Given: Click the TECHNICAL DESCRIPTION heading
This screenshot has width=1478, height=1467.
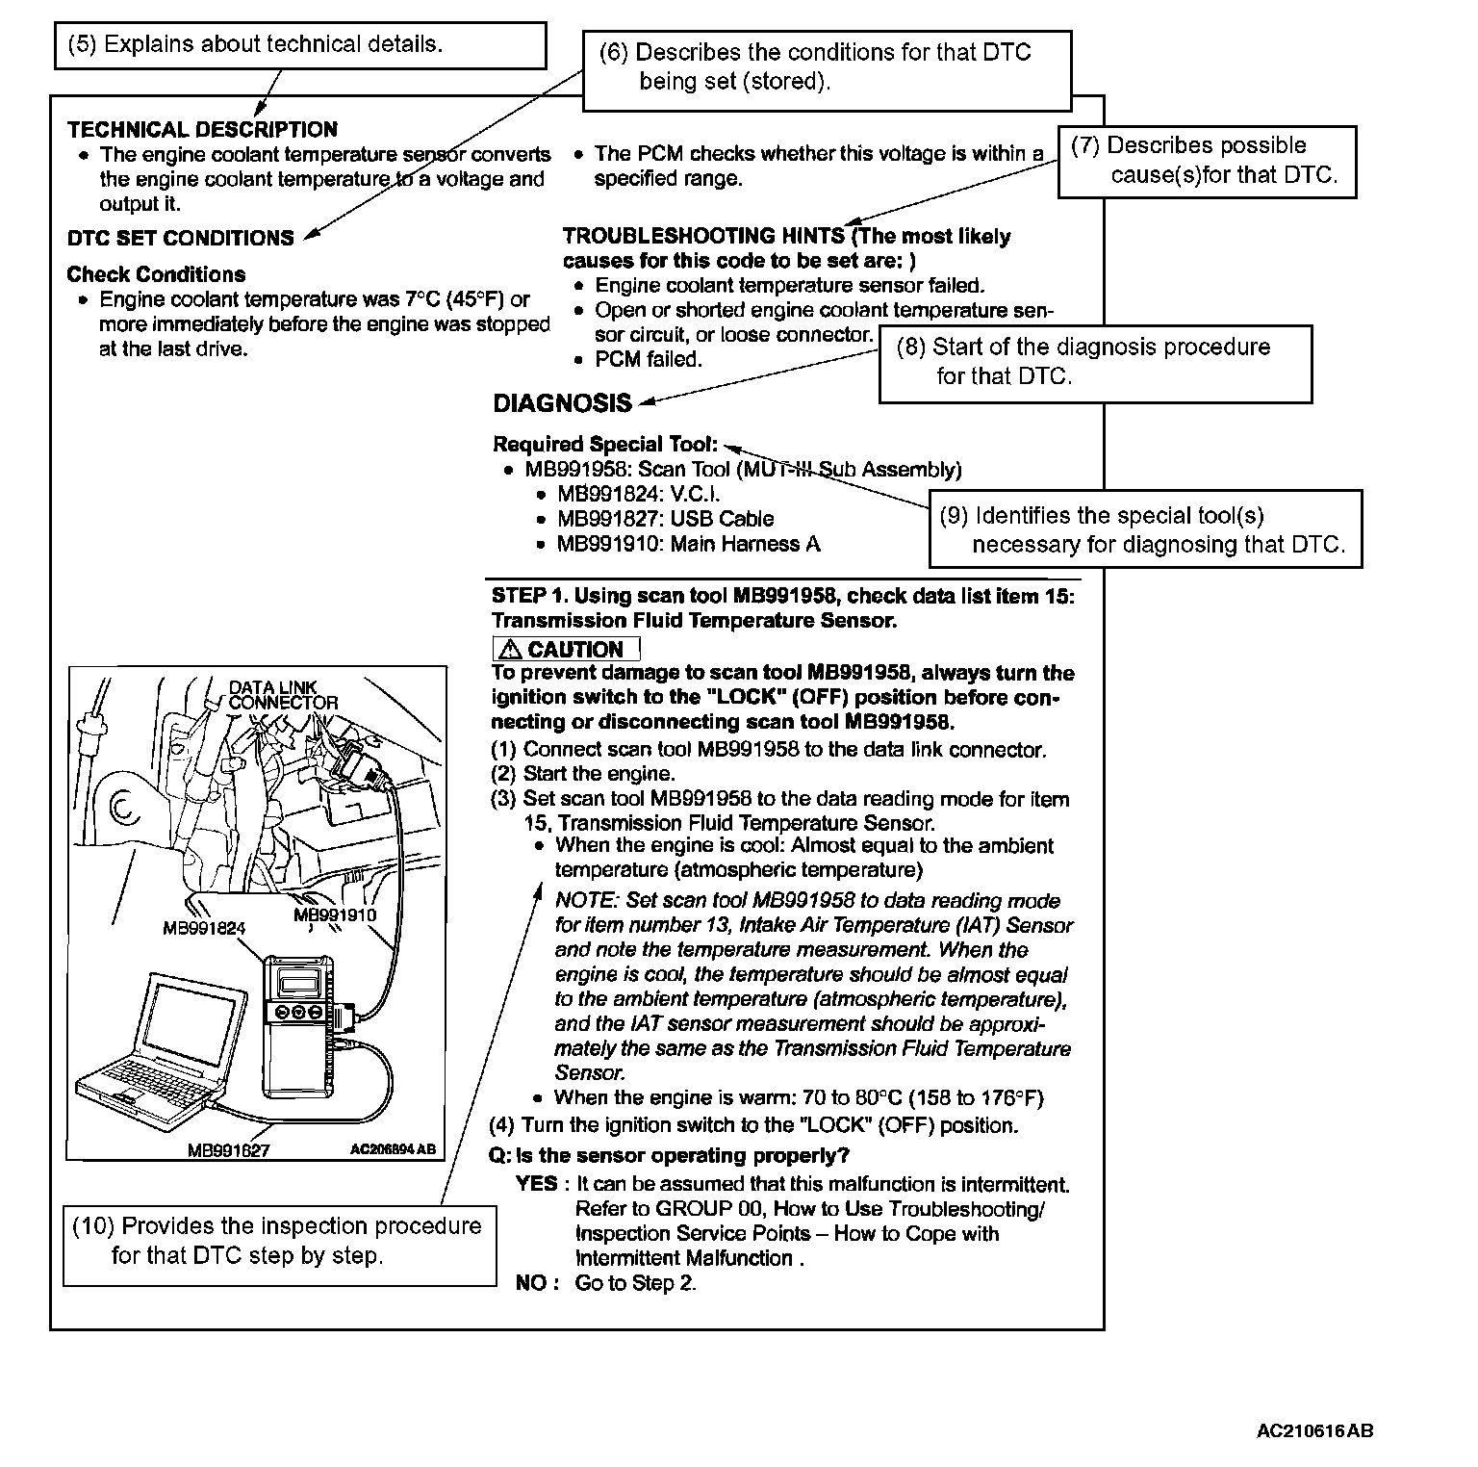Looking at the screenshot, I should [x=202, y=130].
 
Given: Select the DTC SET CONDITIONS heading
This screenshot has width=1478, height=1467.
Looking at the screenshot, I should [x=180, y=238].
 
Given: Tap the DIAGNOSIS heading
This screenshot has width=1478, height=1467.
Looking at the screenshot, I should [x=562, y=403].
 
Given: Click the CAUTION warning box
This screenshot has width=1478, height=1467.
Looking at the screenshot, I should [x=566, y=649].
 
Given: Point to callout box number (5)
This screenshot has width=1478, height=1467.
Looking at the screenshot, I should [x=299, y=45].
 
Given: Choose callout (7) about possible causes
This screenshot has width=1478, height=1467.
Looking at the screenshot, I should [x=1207, y=161].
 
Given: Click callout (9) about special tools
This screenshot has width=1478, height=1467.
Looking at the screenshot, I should [x=1145, y=529].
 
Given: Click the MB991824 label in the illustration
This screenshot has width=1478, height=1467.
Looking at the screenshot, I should [x=204, y=928].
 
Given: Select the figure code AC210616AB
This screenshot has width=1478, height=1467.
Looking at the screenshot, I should [x=1314, y=1430].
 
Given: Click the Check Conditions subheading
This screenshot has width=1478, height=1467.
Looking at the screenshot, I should [x=156, y=274].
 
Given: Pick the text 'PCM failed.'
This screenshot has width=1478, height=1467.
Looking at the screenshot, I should [x=649, y=360].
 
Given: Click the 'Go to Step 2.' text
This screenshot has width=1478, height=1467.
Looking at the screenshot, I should [x=635, y=1283].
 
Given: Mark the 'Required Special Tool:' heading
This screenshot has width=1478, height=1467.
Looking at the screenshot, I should [x=605, y=445].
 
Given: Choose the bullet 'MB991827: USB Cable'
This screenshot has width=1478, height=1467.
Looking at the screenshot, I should [x=665, y=519].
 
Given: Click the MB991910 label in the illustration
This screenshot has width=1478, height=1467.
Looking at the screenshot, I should [x=335, y=914].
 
